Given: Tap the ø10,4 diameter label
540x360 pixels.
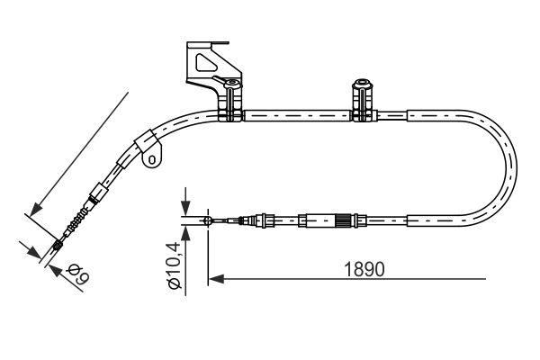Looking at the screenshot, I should point(175,264).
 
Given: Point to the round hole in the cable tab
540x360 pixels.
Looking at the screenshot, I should point(153,161).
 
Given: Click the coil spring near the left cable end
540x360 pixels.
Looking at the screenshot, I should point(78,219).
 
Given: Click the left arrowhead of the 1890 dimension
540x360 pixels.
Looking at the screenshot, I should point(215,280).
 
